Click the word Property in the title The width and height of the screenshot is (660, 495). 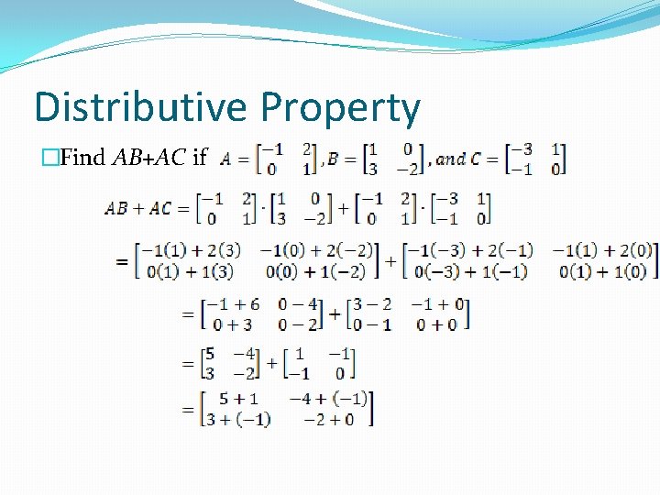tap(340, 109)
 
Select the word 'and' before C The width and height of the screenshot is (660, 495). tap(451, 159)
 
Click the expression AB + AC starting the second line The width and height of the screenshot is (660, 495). tap(138, 208)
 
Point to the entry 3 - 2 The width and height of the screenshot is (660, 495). tap(370, 304)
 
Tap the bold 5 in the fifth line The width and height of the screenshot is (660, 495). tap(210, 353)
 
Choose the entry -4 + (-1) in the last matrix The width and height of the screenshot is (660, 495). tap(327, 399)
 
